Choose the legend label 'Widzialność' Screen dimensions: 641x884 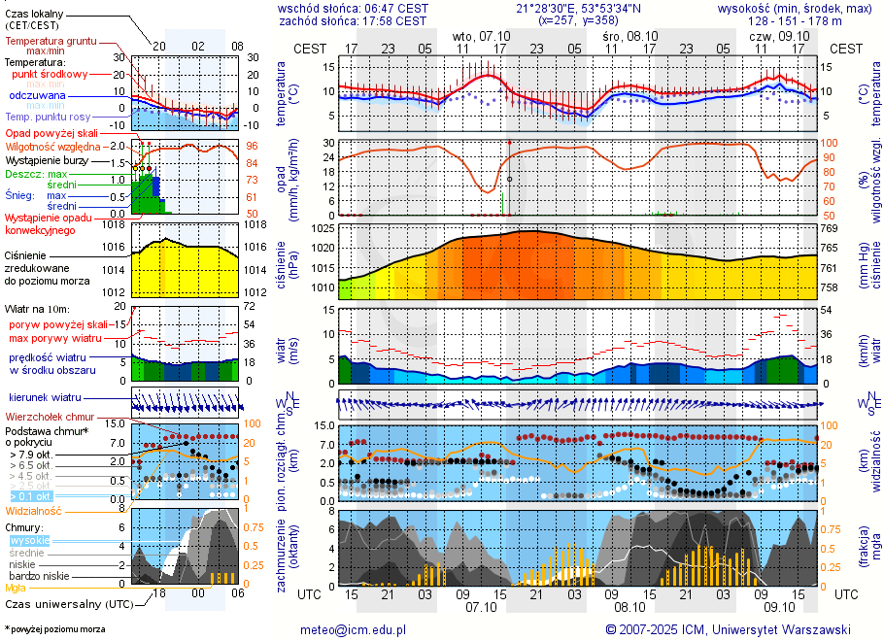[33, 510]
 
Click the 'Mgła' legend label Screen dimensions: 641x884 [16, 588]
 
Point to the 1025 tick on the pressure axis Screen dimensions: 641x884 [322, 229]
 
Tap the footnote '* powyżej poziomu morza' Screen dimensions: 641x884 [54, 629]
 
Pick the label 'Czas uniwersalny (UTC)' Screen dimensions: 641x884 [68, 604]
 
